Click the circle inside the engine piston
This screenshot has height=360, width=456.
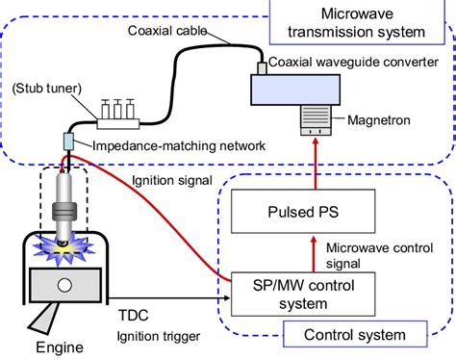(x=63, y=286)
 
